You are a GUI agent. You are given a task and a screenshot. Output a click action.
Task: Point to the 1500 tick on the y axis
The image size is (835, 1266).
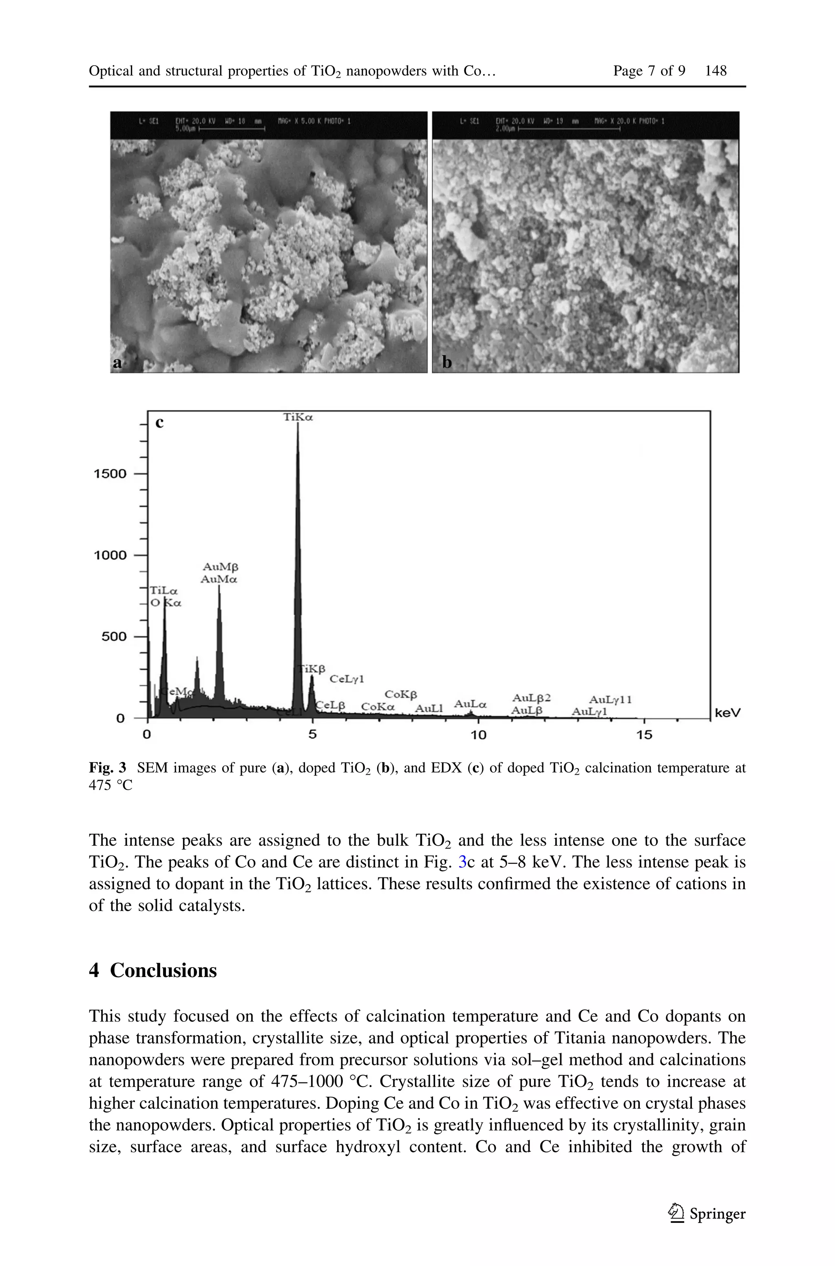point(110,474)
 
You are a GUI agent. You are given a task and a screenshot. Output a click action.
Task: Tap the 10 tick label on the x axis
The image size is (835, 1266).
point(478,735)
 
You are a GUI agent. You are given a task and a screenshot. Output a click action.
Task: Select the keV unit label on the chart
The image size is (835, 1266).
point(727,712)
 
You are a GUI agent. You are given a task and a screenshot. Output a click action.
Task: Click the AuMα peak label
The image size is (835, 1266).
point(219,579)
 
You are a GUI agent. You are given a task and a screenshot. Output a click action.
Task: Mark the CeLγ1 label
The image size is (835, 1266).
point(347,679)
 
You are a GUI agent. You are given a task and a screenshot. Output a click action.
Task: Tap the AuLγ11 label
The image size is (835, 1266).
point(610,700)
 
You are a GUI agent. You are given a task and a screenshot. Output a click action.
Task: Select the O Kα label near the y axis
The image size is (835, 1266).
point(166,603)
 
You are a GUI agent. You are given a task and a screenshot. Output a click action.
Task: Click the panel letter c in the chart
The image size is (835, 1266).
point(159,423)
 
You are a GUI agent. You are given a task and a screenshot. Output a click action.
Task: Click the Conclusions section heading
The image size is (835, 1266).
point(163,970)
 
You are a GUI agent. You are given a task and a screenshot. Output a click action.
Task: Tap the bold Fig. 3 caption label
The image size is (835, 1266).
point(107,768)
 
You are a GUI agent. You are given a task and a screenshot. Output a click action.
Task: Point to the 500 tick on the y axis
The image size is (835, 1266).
point(114,637)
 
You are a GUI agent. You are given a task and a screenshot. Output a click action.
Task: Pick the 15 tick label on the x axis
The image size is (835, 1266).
point(644,735)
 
